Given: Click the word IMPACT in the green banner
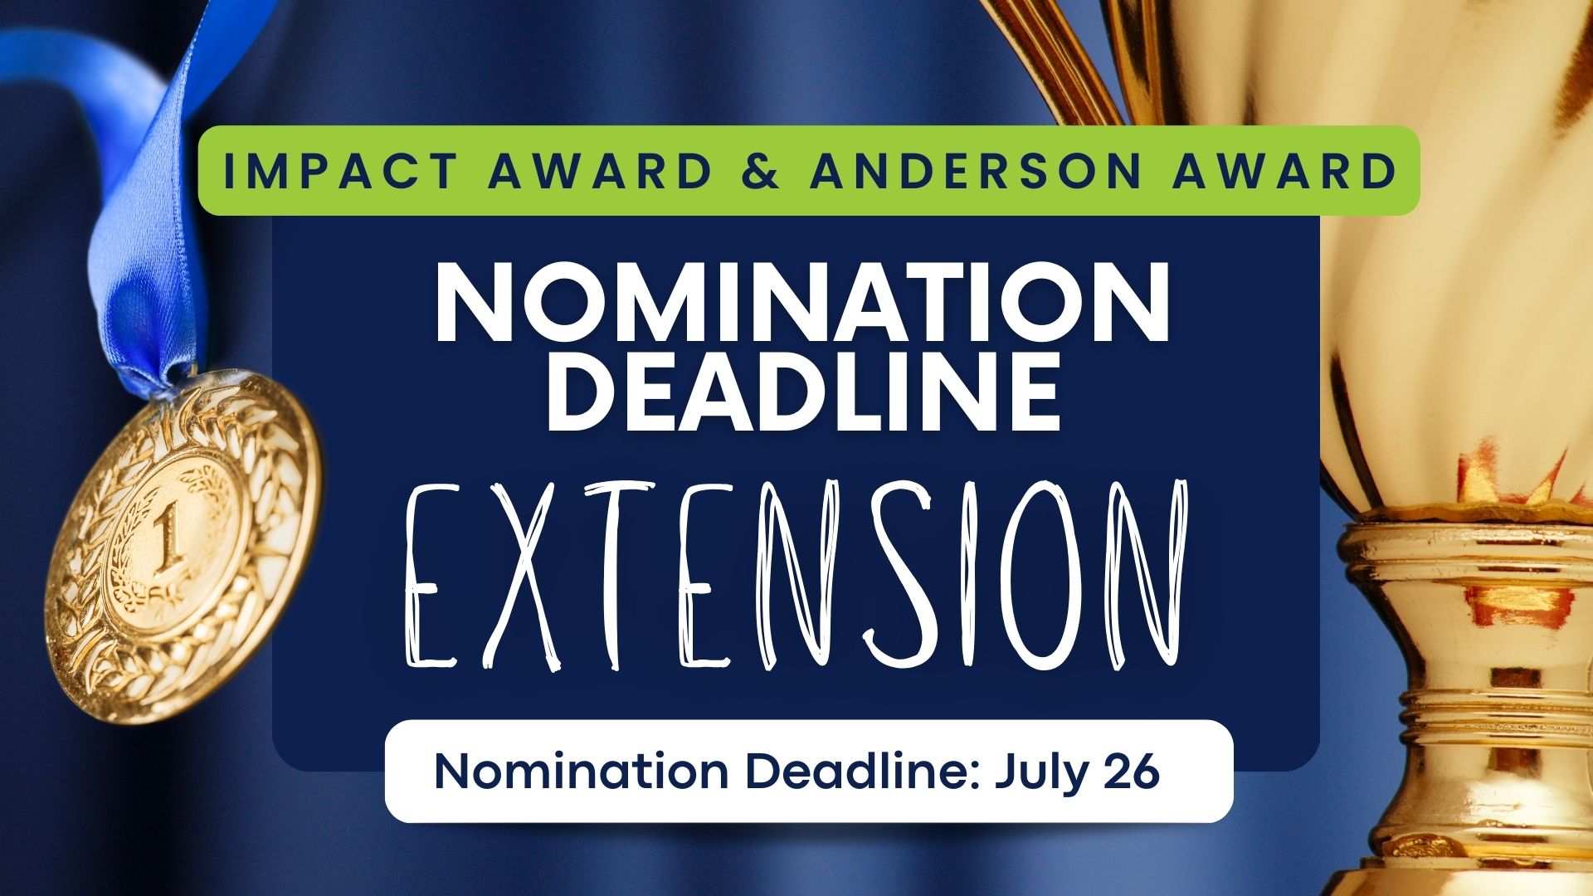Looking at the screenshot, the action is [339, 171].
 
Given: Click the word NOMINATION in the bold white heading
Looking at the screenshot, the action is [802, 304].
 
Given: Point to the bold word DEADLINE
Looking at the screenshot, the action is [802, 390].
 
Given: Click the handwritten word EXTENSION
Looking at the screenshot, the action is [796, 575].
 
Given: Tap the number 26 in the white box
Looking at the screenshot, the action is [1132, 771].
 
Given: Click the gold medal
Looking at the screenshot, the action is [183, 548].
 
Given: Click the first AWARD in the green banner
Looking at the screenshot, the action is [600, 171].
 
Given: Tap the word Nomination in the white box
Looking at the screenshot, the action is [581, 772].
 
